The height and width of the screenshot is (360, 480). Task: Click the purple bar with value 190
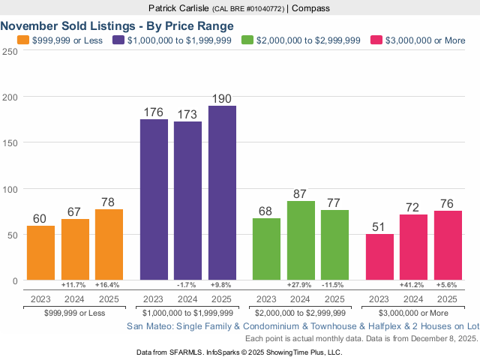[x=222, y=193]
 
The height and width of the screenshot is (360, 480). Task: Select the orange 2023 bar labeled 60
[x=40, y=253]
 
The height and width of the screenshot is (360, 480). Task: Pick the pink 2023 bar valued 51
[x=379, y=256]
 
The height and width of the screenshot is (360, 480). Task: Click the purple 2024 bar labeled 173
[x=187, y=200]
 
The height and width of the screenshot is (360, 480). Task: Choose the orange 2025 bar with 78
[x=109, y=244]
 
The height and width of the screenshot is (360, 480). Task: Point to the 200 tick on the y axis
[x=10, y=97]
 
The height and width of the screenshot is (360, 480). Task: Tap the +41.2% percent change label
[x=413, y=286]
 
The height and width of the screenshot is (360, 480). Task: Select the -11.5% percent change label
[x=334, y=286]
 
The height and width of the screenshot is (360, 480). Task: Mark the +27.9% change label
[x=301, y=286]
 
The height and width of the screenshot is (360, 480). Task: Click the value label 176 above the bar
[x=154, y=112]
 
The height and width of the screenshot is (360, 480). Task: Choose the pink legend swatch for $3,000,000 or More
[x=377, y=39]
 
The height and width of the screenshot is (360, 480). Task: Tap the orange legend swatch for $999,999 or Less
[x=22, y=39]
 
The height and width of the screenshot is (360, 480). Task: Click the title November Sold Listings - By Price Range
[x=117, y=25]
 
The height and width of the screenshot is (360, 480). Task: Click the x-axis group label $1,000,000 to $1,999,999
[x=187, y=312]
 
